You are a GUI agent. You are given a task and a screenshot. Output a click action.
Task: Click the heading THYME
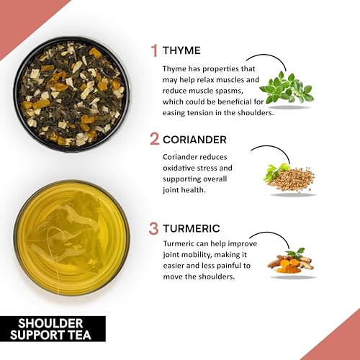tap(181, 50)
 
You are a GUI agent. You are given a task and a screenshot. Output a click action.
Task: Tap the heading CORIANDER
tap(194, 140)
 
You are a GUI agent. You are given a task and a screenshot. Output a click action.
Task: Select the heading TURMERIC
tap(192, 228)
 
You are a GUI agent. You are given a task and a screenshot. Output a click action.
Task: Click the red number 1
tap(154, 50)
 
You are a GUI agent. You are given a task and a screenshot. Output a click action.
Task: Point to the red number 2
tap(154, 139)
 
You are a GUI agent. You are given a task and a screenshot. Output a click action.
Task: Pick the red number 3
tap(153, 228)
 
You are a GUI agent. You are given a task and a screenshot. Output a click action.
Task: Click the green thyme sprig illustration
tap(287, 88)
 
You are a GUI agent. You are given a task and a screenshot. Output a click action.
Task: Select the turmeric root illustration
tap(291, 262)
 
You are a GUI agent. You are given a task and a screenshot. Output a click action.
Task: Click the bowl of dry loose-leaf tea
tap(71, 94)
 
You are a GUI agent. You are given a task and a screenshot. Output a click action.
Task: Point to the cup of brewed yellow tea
tap(71, 238)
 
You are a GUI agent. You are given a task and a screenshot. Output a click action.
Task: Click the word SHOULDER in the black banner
tap(50, 323)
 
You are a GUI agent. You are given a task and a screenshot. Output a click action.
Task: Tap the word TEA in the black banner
tap(80, 335)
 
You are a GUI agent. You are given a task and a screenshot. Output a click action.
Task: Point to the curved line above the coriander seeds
tap(274, 148)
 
